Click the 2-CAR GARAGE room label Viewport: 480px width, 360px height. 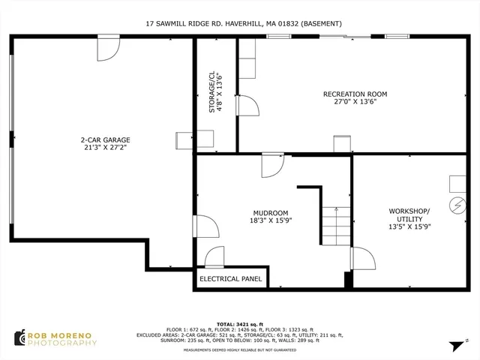coord(105,139)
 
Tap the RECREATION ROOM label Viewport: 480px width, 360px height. coord(355,94)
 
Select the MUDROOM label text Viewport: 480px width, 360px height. coord(270,213)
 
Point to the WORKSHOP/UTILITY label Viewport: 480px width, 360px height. coord(409,211)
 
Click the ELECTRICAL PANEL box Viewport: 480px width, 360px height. coord(230,279)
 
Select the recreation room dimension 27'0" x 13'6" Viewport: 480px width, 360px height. coord(355,103)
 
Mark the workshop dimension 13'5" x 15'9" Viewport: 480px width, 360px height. coord(409,226)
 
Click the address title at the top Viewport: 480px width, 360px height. coord(244,24)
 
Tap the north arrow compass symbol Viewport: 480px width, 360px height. coord(454,346)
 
